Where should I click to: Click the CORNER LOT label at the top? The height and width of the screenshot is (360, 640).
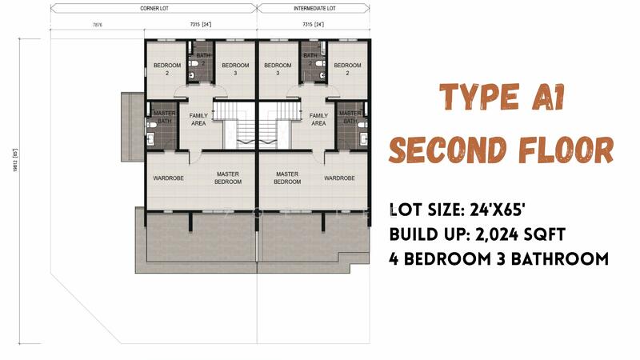pyautogui.click(x=154, y=8)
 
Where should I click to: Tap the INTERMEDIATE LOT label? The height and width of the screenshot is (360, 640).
pyautogui.click(x=314, y=8)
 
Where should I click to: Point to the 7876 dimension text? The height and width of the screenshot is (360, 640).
pyautogui.click(x=98, y=25)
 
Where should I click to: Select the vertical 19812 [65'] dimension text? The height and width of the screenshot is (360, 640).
pyautogui.click(x=15, y=160)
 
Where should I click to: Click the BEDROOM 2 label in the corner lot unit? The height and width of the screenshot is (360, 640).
pyautogui.click(x=167, y=69)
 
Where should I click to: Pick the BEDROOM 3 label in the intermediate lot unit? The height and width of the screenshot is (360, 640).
pyautogui.click(x=278, y=69)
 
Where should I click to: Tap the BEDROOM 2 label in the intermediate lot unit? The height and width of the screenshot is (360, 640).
pyautogui.click(x=347, y=69)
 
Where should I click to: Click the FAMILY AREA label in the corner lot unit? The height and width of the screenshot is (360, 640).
pyautogui.click(x=198, y=119)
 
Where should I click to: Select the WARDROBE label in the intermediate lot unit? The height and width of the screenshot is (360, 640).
pyautogui.click(x=339, y=178)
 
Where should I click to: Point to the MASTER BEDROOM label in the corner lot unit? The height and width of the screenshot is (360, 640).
pyautogui.click(x=228, y=178)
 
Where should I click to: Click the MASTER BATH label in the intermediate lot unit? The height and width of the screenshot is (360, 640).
pyautogui.click(x=350, y=117)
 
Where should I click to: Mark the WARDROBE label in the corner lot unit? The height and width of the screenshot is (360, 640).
pyautogui.click(x=168, y=178)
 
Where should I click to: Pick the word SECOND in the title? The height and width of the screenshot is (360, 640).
pyautogui.click(x=447, y=150)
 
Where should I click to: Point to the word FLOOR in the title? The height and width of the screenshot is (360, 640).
pyautogui.click(x=566, y=150)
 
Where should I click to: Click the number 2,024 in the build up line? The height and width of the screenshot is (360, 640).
pyautogui.click(x=495, y=234)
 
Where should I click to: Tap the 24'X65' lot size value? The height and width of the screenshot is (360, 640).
pyautogui.click(x=497, y=210)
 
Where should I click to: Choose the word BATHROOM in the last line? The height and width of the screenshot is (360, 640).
pyautogui.click(x=559, y=258)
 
